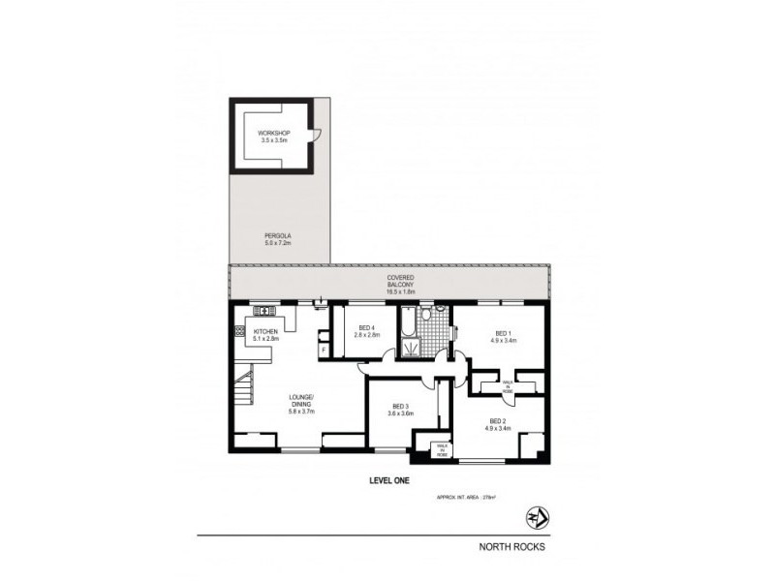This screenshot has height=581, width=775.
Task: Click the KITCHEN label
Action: click(x=265, y=335)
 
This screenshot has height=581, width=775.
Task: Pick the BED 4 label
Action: click(x=366, y=331)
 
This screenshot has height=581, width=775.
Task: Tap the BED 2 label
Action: click(x=498, y=424)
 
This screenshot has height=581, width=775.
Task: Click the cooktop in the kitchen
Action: click(x=238, y=335)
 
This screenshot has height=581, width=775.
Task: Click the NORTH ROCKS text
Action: click(x=512, y=546)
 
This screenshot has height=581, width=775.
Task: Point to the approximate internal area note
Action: click(x=467, y=499)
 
